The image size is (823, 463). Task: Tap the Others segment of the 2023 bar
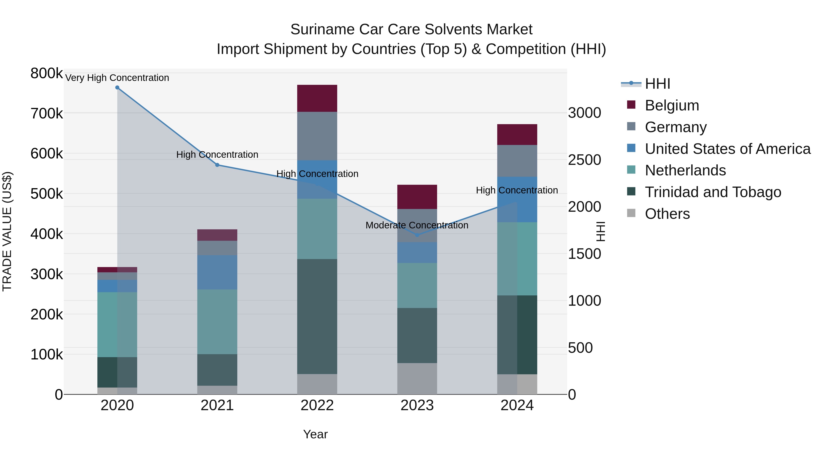click(417, 379)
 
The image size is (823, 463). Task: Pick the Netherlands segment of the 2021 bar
click(217, 321)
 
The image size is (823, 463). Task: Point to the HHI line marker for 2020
click(117, 88)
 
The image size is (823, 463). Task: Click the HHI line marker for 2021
click(217, 165)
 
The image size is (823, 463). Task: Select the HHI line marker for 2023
click(417, 235)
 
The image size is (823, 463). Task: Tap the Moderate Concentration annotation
click(417, 225)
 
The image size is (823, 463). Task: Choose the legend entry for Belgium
click(672, 105)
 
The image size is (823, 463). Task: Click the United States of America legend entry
click(727, 149)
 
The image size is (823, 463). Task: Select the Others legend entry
click(667, 214)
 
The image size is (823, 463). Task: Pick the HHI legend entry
click(657, 84)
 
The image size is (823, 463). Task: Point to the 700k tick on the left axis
click(47, 113)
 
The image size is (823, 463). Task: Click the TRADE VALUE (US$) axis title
click(7, 231)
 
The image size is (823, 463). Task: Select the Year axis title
click(315, 434)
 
